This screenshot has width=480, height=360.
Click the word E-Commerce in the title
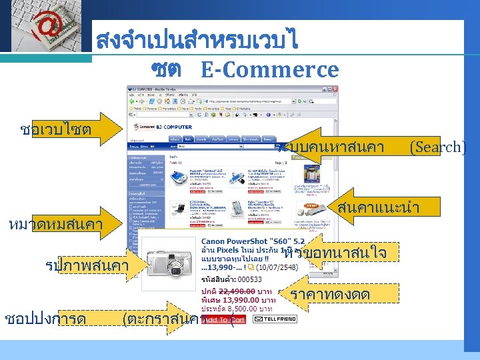(269, 69)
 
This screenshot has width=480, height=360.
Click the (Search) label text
(437, 147)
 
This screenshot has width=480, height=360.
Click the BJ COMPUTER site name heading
(171, 127)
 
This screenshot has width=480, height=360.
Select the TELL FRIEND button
(275, 319)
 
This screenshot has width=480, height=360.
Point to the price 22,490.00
(235, 291)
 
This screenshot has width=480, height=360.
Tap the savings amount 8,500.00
(242, 309)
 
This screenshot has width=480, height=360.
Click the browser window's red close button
(334, 88)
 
